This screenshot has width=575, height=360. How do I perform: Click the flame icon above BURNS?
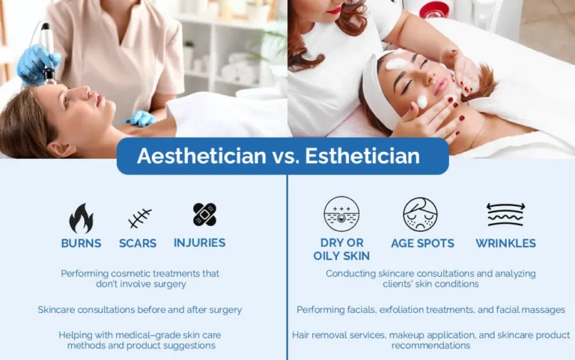[x=81, y=218]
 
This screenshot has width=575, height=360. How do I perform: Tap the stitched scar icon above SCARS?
[x=139, y=219]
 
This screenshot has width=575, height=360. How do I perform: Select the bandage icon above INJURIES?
[x=204, y=215]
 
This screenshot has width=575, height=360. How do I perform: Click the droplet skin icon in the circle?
[x=341, y=214]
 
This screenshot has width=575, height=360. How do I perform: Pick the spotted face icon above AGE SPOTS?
[x=420, y=214]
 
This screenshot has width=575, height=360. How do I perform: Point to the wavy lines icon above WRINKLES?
[x=506, y=214]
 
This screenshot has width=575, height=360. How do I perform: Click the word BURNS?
[x=82, y=243]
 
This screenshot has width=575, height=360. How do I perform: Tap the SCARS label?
[x=138, y=243]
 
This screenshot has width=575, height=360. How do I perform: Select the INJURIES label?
[x=199, y=242]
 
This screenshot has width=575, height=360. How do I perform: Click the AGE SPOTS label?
[x=423, y=243]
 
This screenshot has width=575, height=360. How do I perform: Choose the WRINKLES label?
[x=505, y=243]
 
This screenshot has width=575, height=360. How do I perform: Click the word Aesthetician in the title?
[x=201, y=156]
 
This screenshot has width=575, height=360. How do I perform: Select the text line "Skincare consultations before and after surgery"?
[x=140, y=309]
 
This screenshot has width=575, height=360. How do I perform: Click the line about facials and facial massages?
[x=431, y=309]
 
